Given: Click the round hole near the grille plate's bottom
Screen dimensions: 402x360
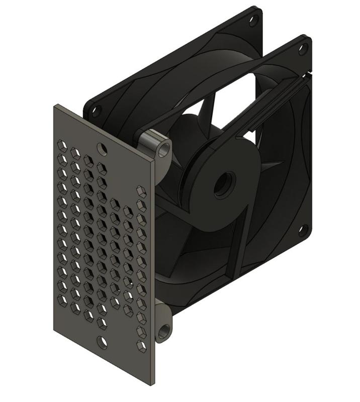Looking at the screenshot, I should pyautogui.click(x=102, y=343).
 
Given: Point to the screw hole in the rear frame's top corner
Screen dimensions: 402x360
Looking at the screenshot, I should pyautogui.click(x=253, y=20).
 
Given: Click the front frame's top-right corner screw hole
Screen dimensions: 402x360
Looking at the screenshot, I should pyautogui.click(x=303, y=49).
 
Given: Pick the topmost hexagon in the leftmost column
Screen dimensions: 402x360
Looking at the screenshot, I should pyautogui.click(x=62, y=147).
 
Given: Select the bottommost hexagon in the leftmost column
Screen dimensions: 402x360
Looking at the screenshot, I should pyautogui.click(x=62, y=300).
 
